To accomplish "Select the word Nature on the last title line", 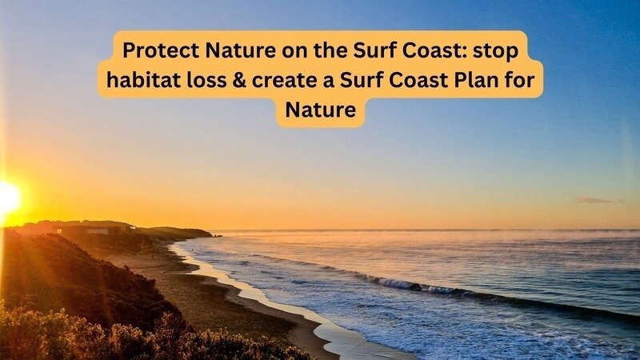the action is (x=321, y=110).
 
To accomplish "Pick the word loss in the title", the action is (x=206, y=80).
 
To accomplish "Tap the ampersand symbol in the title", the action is (x=239, y=81).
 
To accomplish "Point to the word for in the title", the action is (x=521, y=80).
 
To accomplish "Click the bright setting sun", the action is (x=9, y=198).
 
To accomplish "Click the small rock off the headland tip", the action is (x=217, y=235).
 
